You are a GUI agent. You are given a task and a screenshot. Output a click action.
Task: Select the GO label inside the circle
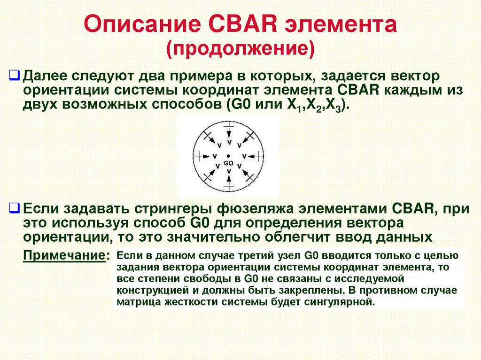point(228,163)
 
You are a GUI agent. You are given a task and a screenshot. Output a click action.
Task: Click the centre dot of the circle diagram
point(228,155)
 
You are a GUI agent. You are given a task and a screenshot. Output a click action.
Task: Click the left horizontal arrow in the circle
point(205,155)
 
